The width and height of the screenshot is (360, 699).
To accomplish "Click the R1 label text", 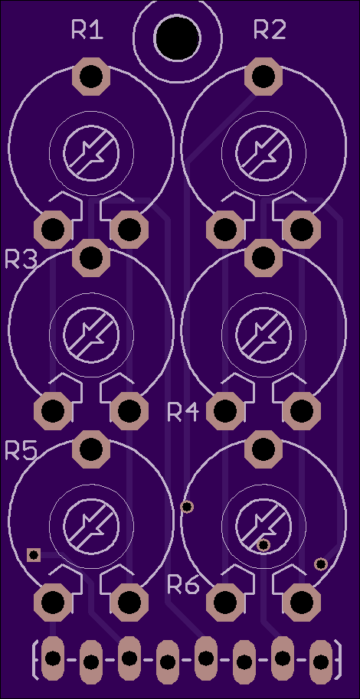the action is (87, 31).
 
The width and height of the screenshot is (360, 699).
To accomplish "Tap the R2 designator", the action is (270, 29).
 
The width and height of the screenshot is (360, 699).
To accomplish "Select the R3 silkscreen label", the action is (21, 259).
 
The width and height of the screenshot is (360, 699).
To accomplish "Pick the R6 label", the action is (183, 584).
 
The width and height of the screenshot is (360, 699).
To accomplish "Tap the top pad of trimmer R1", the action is (91, 77).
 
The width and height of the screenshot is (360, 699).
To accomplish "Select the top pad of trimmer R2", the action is (263, 77).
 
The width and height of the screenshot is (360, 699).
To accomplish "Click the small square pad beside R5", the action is (34, 555).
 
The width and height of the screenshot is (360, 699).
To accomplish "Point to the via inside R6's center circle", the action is (263, 545).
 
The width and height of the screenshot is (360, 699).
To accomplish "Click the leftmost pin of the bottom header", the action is (53, 658).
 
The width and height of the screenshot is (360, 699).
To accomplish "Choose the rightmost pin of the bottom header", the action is (320, 662).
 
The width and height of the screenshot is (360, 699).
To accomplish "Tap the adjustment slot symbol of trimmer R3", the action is (91, 334).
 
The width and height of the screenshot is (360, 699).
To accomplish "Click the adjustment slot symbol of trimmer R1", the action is (91, 153).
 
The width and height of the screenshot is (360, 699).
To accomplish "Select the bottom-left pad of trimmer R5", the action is (53, 603).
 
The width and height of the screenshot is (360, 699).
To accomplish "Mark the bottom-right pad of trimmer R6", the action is (302, 603).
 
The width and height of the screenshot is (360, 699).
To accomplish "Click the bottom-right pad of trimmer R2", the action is (302, 229).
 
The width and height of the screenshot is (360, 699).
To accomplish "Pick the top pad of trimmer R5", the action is (91, 449).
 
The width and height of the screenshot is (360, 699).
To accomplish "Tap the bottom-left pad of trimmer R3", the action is (53, 410).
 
